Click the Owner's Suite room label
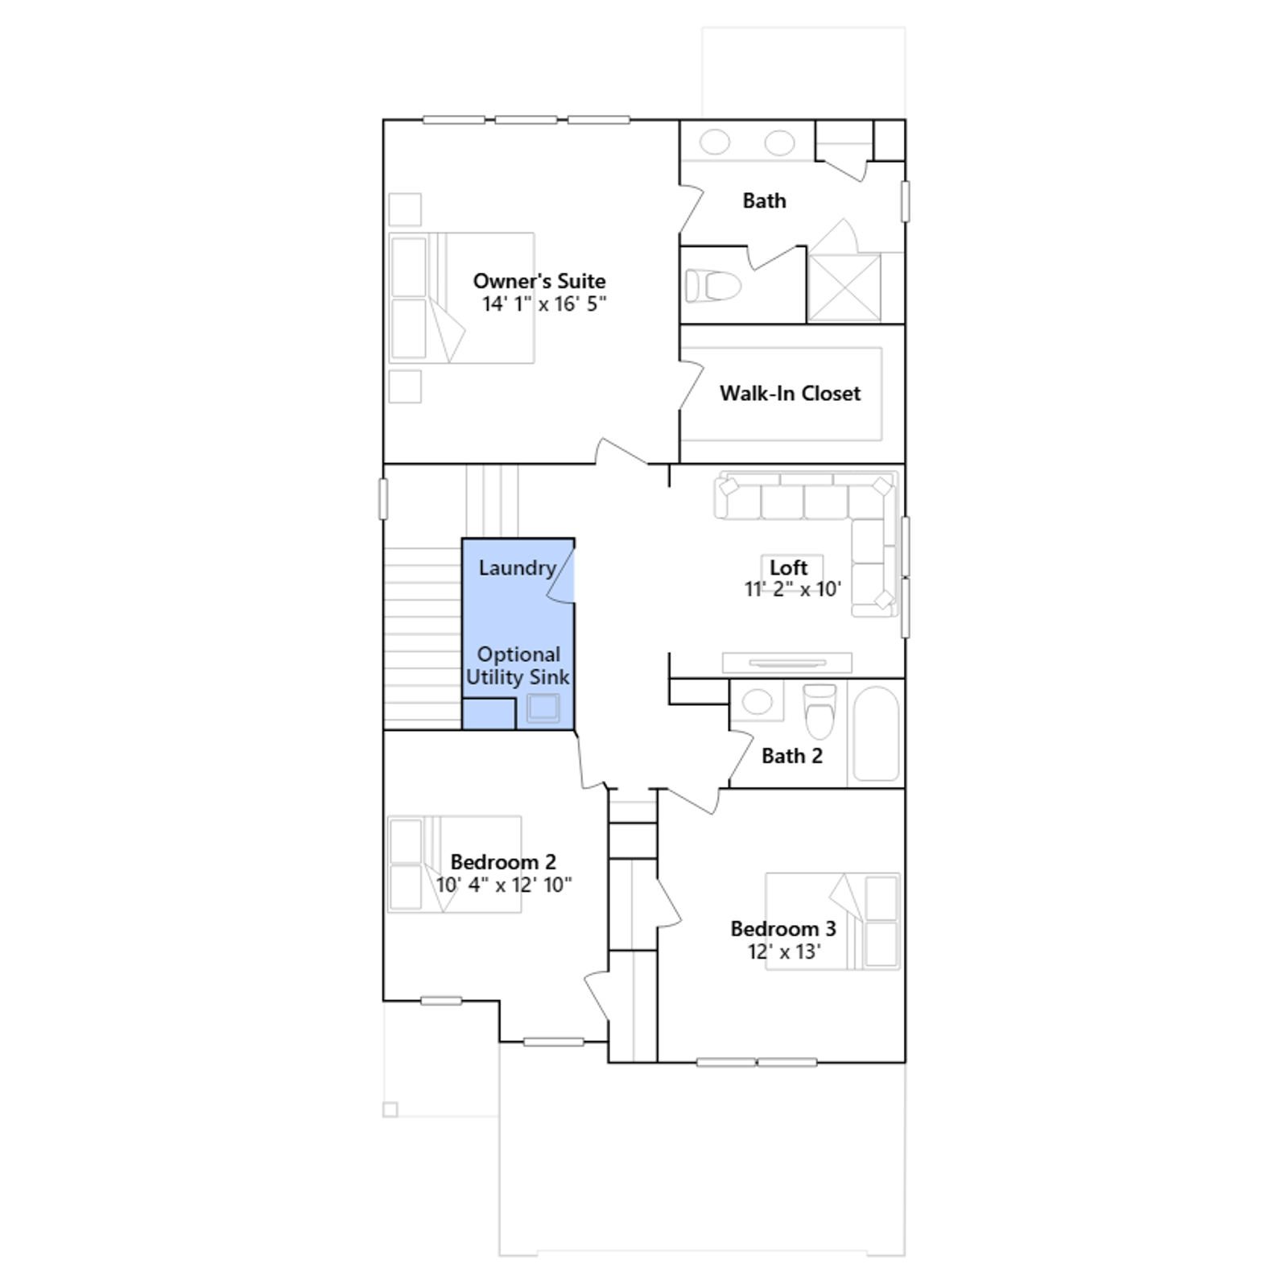[x=539, y=281]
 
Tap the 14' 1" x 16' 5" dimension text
[x=544, y=304]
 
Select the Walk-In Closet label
[x=790, y=393]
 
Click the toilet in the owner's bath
[x=712, y=285]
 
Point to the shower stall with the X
[x=844, y=287]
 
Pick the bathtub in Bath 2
[x=876, y=733]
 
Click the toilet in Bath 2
[x=819, y=711]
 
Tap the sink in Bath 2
[x=757, y=701]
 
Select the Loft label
[x=788, y=568]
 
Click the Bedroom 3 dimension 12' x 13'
[x=784, y=952]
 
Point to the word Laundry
[x=518, y=568]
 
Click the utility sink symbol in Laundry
[x=543, y=708]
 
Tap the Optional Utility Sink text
[x=518, y=666]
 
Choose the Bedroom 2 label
[x=503, y=862]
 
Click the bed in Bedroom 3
[x=832, y=921]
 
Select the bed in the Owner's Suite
[x=461, y=298]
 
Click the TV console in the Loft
[x=787, y=663]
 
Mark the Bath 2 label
[x=792, y=756]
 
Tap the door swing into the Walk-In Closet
[x=691, y=385]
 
